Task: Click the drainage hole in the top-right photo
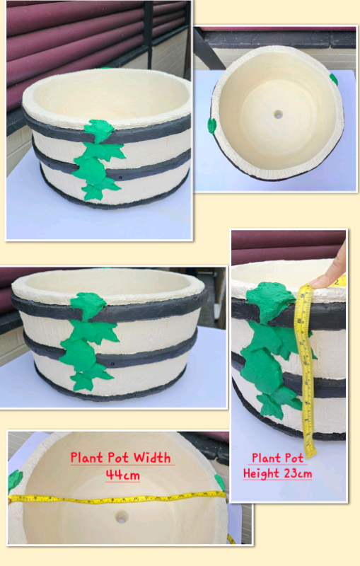(278, 115)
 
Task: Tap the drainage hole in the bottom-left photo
(121, 517)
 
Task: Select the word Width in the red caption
(152, 458)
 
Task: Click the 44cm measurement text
(122, 474)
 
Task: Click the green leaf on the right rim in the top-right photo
(334, 79)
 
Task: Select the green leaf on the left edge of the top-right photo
(211, 125)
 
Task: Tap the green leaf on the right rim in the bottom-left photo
(220, 482)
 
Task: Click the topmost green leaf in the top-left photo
(99, 129)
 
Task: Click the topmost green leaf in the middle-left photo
(88, 304)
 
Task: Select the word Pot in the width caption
(118, 458)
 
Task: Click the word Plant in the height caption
(263, 458)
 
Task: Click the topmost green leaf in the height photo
(271, 299)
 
